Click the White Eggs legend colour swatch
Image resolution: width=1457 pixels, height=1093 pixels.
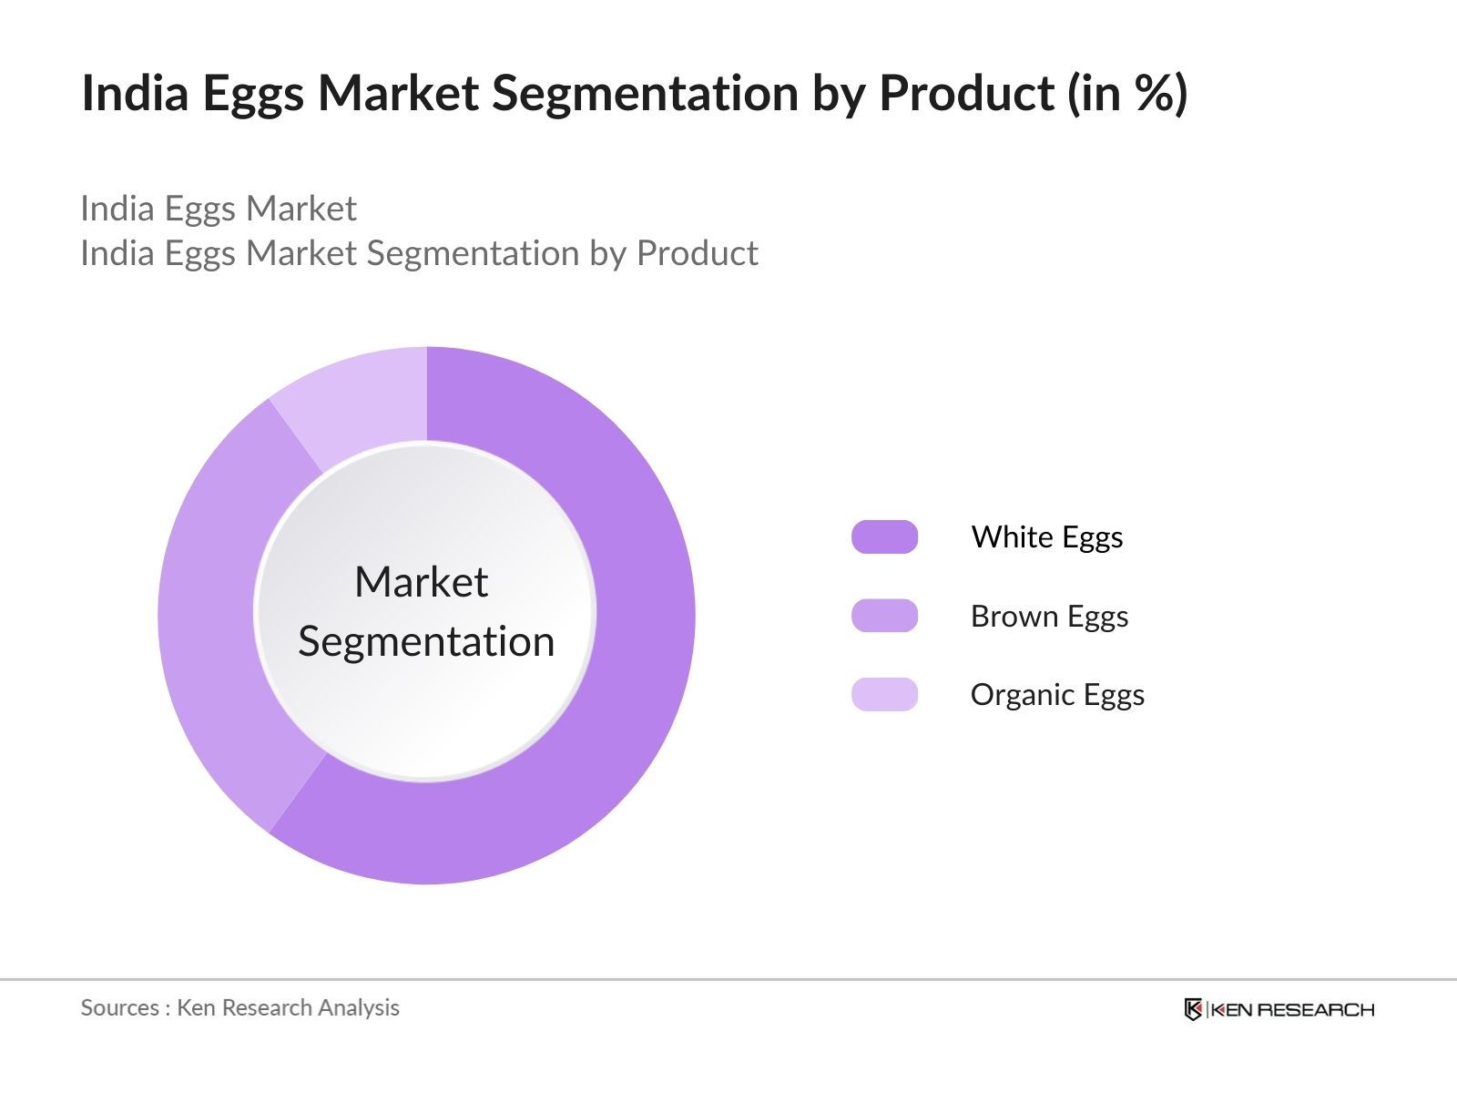point(884,536)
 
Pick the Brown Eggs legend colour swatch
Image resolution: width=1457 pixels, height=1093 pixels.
point(884,615)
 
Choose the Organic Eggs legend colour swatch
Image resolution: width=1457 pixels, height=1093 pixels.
point(884,694)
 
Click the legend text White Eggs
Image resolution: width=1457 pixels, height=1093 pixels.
point(1047,537)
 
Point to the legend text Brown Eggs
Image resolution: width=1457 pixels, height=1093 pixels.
point(1049,617)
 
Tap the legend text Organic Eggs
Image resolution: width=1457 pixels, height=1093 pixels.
point(1057,696)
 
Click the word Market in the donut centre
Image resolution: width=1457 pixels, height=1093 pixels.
point(422,582)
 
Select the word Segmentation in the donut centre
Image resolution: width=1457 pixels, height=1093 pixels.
point(426,642)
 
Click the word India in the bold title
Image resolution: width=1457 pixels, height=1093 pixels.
point(136,93)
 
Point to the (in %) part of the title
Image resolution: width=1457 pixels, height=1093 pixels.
point(1127,94)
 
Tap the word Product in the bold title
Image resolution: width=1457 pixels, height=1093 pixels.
point(966,93)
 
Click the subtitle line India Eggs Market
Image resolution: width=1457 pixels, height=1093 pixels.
point(219,209)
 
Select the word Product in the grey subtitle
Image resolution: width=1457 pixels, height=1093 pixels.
point(697,253)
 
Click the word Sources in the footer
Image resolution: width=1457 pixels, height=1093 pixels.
point(120,1007)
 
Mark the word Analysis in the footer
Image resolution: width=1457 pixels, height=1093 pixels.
point(359,1008)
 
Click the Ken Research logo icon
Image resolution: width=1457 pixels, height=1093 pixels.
point(1193,1009)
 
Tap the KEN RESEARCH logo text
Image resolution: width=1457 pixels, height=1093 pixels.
point(1292,1010)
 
